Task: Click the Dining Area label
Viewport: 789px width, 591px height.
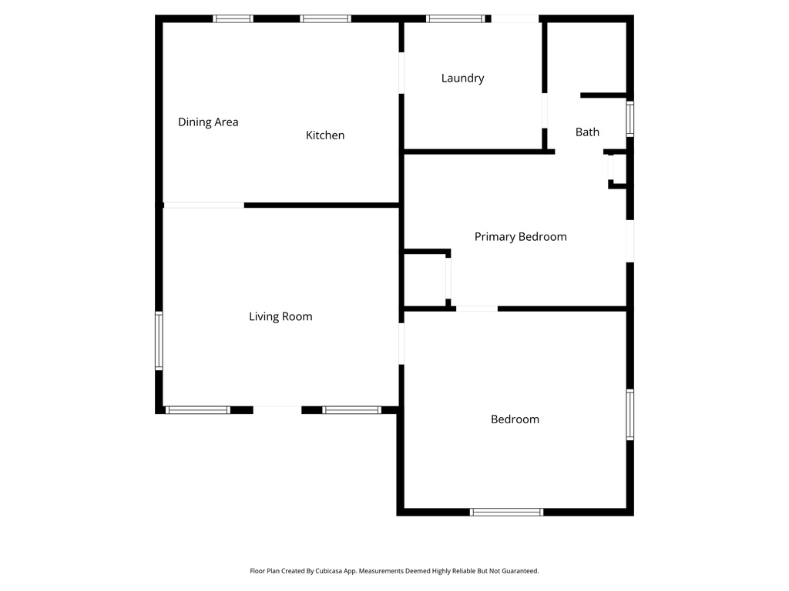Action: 208,122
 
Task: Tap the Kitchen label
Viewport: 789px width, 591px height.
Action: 325,135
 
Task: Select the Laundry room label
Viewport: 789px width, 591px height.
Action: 462,78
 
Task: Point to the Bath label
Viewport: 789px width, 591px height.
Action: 587,132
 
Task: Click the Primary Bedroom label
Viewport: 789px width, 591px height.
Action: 520,237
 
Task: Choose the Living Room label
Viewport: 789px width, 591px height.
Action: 280,316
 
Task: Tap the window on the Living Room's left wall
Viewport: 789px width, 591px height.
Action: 159,340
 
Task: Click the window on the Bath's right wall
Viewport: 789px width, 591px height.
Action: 630,119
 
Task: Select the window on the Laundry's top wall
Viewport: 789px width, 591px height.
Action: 455,18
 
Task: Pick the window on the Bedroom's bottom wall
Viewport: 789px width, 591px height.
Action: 507,512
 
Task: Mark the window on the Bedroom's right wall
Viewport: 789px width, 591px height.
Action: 630,415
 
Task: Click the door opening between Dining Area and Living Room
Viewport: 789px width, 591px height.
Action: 204,205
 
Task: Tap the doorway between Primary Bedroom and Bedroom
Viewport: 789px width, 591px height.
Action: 477,309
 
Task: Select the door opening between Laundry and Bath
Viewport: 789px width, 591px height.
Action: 544,111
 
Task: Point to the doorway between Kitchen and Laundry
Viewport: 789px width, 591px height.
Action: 401,73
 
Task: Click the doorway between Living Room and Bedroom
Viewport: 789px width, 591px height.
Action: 401,343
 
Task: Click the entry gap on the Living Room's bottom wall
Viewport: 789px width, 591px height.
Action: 277,409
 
